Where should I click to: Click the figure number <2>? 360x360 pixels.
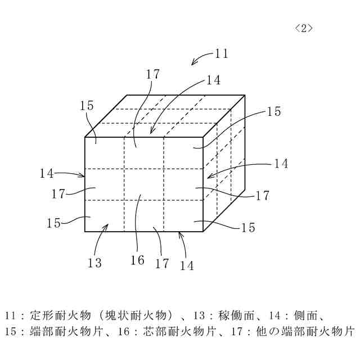(304, 29)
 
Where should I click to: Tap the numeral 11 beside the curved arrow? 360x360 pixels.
(221, 54)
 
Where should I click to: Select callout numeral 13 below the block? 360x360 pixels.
(94, 263)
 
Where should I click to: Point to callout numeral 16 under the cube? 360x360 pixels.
(137, 260)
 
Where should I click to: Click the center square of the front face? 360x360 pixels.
(143, 184)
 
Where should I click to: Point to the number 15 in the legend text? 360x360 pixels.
(11, 331)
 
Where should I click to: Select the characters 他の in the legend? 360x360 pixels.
(272, 331)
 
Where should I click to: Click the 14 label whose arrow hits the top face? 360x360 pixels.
(213, 80)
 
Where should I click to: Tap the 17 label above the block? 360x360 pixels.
(152, 74)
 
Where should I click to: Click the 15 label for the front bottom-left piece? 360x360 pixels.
(53, 223)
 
